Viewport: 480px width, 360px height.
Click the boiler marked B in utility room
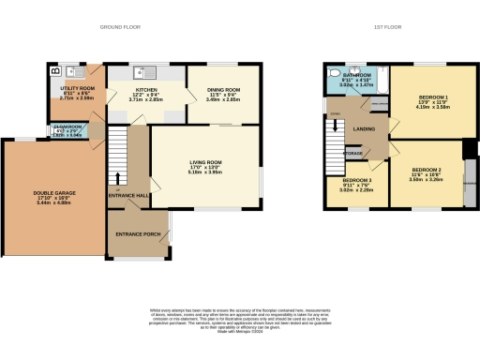pos(53,70)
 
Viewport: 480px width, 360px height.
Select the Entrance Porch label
pos(136,232)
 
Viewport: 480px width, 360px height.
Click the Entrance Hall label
pos(129,195)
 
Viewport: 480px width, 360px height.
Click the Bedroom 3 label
pos(356,180)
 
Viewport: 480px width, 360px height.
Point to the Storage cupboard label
pos(352,152)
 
